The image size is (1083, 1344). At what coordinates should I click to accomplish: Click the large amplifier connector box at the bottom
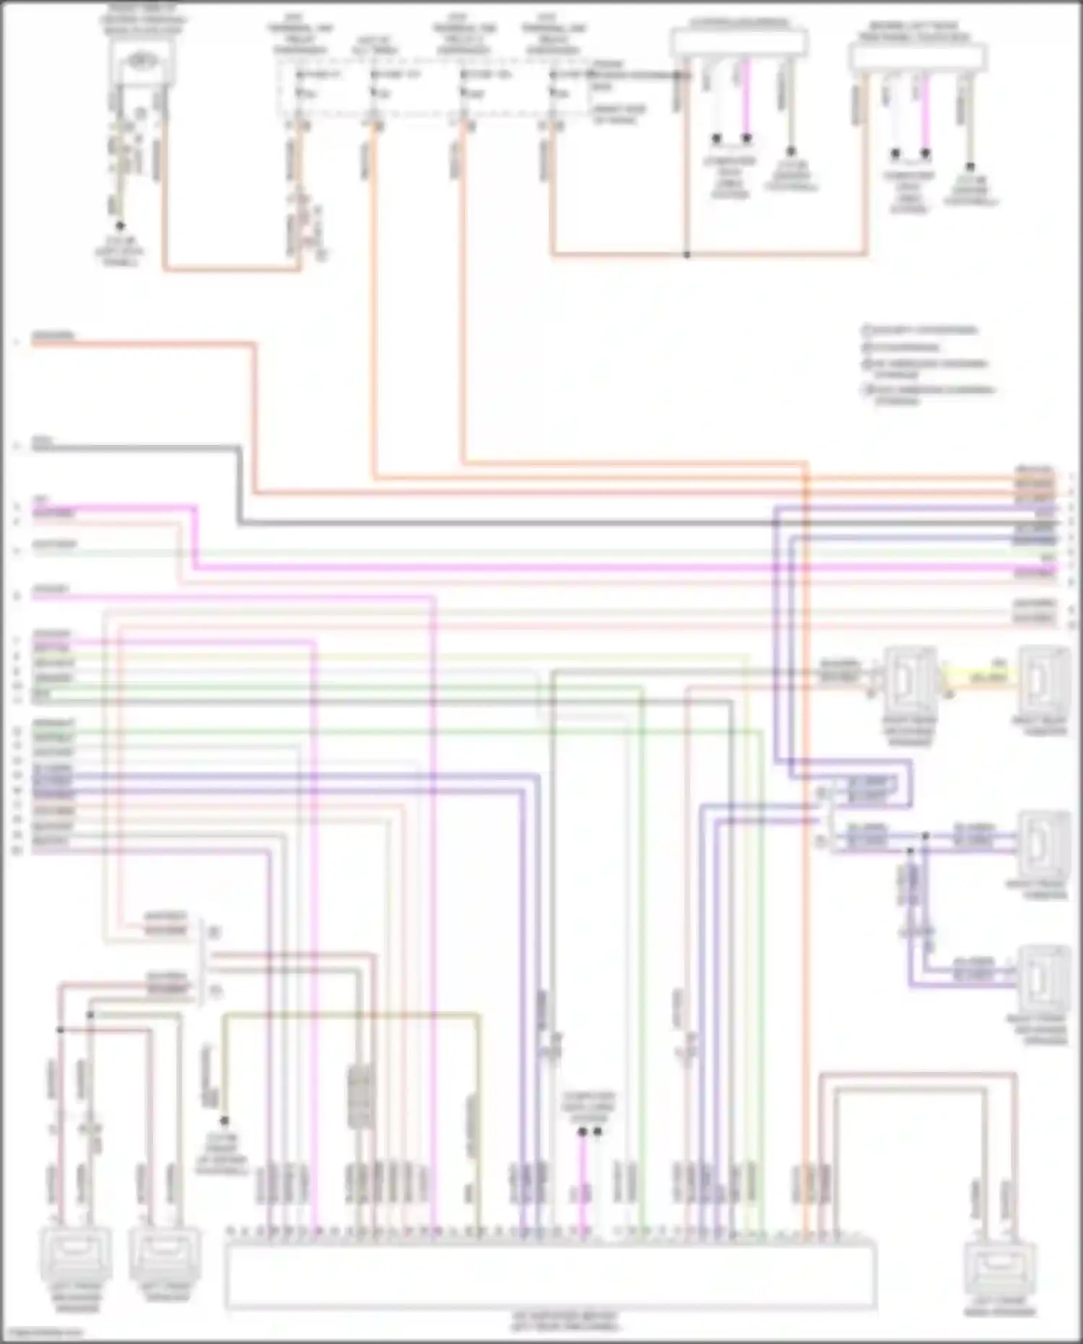pyautogui.click(x=550, y=1275)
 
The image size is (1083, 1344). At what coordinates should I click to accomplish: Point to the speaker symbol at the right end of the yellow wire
pyautogui.click(x=1043, y=679)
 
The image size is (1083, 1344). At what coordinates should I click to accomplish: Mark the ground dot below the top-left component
pyautogui.click(x=121, y=226)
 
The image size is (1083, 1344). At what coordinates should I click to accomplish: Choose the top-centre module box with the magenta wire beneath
pyautogui.click(x=738, y=43)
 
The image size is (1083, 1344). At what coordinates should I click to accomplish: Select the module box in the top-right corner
pyautogui.click(x=917, y=56)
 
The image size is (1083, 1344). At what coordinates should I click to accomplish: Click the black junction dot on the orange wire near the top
pyautogui.click(x=687, y=255)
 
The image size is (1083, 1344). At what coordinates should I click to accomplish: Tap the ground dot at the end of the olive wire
pyautogui.click(x=224, y=1122)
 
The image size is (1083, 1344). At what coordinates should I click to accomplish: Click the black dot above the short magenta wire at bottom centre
pyautogui.click(x=582, y=1132)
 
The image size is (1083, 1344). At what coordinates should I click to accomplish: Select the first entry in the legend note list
pyautogui.click(x=921, y=331)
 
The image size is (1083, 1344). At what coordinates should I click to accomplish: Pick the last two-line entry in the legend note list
pyautogui.click(x=931, y=395)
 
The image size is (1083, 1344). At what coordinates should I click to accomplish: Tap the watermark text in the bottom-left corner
pyautogui.click(x=43, y=1333)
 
